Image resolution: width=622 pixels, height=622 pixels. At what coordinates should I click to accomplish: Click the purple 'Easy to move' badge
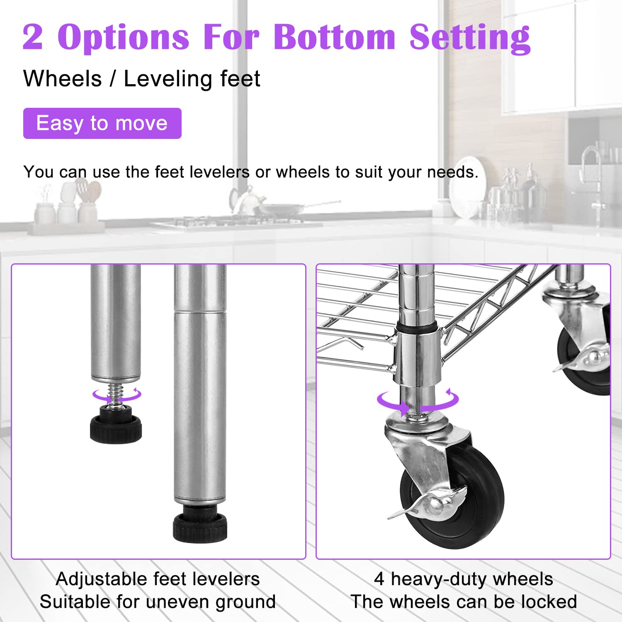pyautogui.click(x=102, y=123)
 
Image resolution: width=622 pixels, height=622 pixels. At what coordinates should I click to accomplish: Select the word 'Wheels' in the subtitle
pyautogui.click(x=63, y=78)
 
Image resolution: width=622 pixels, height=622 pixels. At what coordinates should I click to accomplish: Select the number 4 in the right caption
pyautogui.click(x=379, y=579)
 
